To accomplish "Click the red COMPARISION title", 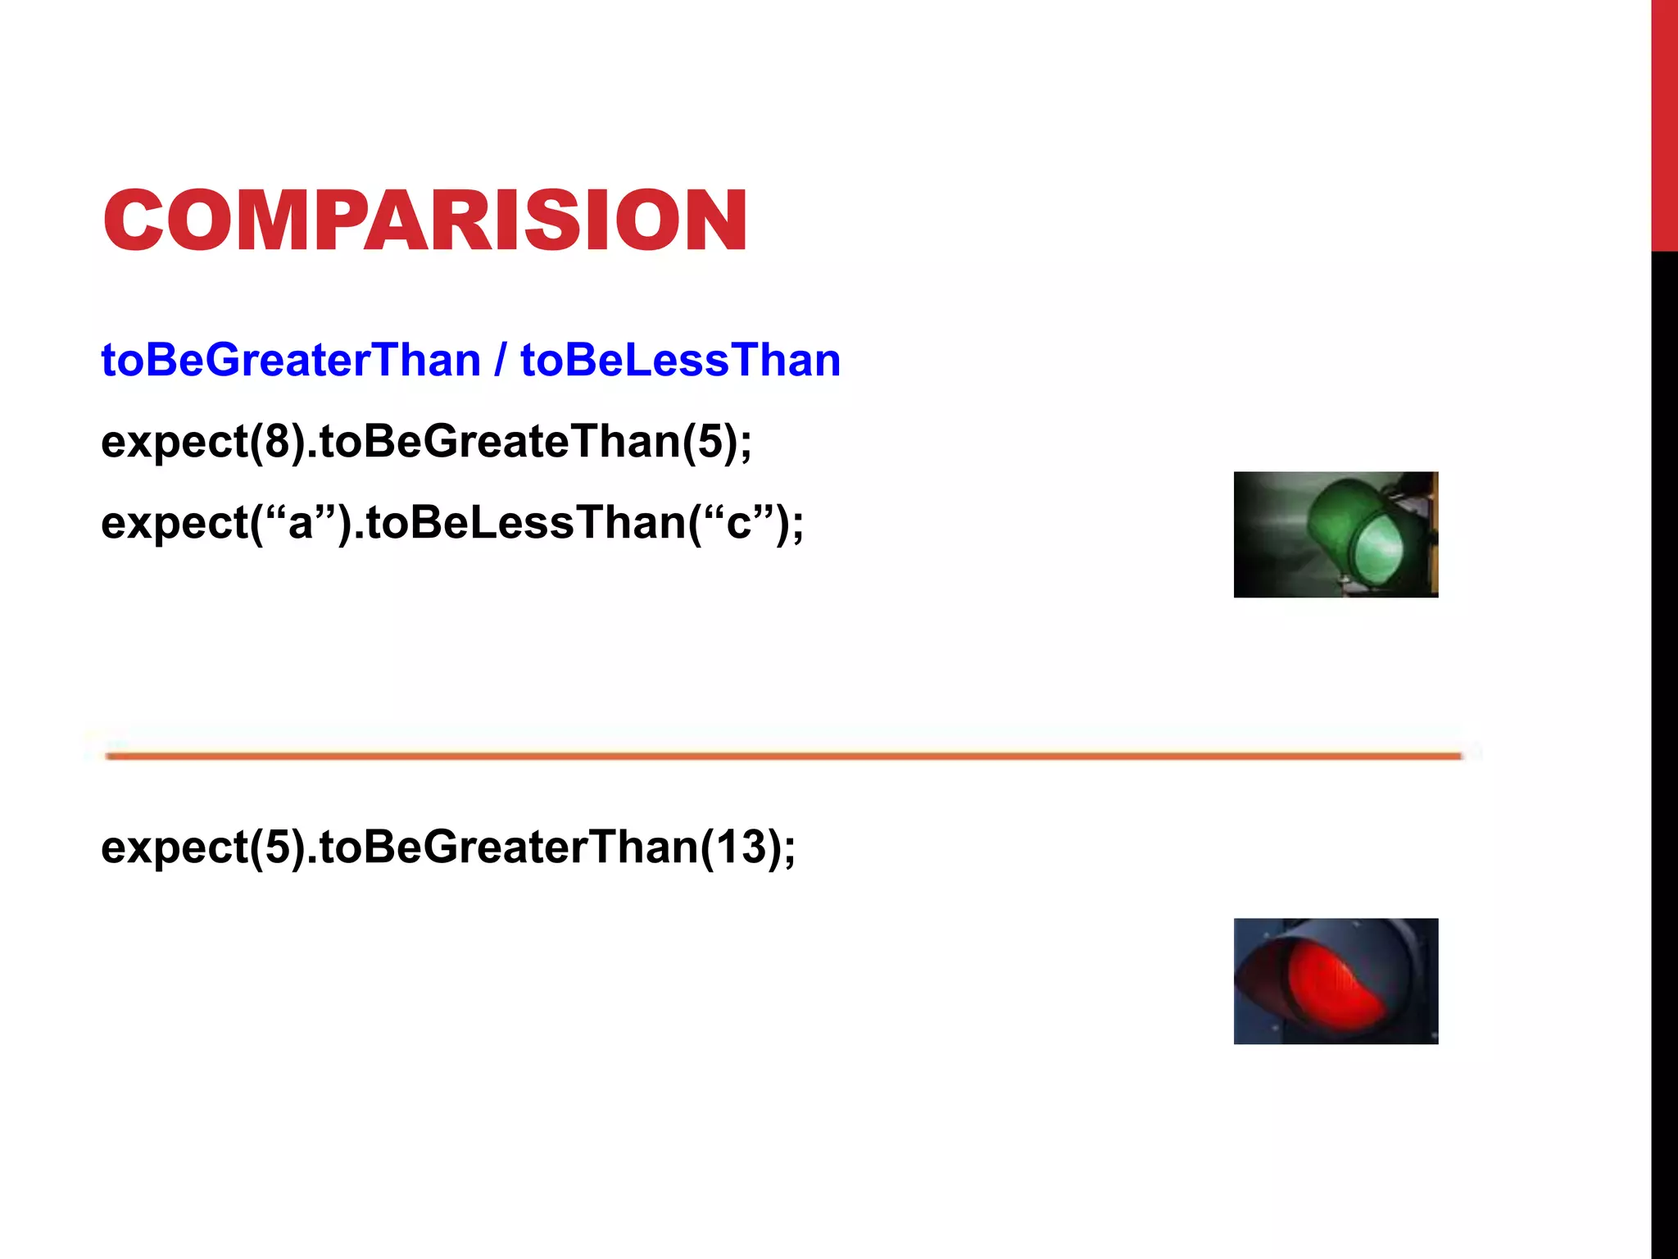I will (x=424, y=220).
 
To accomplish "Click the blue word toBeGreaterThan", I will (x=291, y=361).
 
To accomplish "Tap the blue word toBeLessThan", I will (x=680, y=361).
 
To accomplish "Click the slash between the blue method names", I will (x=500, y=361).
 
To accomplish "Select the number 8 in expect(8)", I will (x=278, y=442).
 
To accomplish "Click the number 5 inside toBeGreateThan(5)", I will (x=710, y=442).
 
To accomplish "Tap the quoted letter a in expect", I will (x=301, y=523).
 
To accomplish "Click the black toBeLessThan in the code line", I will (x=524, y=523).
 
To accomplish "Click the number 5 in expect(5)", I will (x=278, y=847).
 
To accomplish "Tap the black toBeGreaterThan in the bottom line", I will (x=508, y=847).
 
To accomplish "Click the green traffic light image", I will (x=1336, y=534).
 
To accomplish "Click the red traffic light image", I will (x=1336, y=980).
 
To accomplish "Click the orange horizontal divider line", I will (x=783, y=756).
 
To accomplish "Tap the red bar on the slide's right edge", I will (x=1664, y=123).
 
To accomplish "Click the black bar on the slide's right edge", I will (x=1664, y=738).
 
